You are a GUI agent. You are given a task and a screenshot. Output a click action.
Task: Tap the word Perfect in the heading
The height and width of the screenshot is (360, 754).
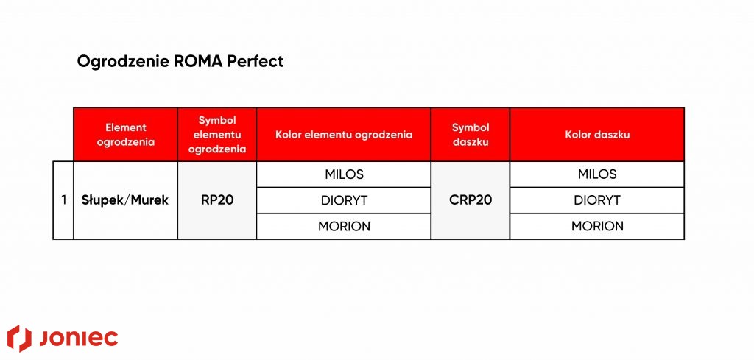[x=256, y=62]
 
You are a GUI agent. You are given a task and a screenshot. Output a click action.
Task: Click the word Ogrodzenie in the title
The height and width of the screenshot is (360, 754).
[x=124, y=62]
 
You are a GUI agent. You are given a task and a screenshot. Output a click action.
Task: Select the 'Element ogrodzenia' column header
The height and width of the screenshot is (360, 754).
[x=125, y=135]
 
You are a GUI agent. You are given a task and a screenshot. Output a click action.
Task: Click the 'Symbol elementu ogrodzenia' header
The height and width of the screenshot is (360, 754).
[x=217, y=135]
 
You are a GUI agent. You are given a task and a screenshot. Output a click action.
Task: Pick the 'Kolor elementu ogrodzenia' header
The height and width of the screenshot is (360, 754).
[x=344, y=135]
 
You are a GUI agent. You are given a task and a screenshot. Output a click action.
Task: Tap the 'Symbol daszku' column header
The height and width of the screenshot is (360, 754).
[x=471, y=135]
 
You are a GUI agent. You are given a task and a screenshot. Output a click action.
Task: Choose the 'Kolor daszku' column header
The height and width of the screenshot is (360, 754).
[x=597, y=135]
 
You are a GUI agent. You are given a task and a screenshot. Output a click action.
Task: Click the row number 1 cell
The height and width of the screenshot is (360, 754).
[x=63, y=200]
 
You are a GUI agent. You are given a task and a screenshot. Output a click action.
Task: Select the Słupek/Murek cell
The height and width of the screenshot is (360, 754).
[x=125, y=200]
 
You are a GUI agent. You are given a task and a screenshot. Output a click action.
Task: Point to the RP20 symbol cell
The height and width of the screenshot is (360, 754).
[x=217, y=200]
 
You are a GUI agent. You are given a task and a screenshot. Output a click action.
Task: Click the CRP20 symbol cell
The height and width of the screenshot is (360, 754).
[x=471, y=200]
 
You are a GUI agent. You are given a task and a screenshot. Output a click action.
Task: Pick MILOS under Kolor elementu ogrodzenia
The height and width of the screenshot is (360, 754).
[x=344, y=174]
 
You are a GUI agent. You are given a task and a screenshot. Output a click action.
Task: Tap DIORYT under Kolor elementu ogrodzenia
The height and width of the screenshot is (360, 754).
[x=344, y=200]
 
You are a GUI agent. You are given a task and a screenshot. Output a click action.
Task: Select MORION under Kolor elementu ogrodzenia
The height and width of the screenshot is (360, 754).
[x=344, y=226]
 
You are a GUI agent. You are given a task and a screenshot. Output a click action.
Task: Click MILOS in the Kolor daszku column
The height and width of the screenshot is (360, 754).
[x=597, y=174]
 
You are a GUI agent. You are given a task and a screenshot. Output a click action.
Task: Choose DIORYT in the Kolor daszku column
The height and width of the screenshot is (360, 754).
[x=597, y=200]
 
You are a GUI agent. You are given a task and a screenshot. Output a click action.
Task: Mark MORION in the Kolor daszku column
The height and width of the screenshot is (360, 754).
[x=597, y=226]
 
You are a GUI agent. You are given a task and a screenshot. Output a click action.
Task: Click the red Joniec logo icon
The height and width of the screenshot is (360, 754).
[x=19, y=339]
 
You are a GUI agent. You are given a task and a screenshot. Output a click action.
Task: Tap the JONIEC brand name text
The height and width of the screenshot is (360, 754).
[x=78, y=339]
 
